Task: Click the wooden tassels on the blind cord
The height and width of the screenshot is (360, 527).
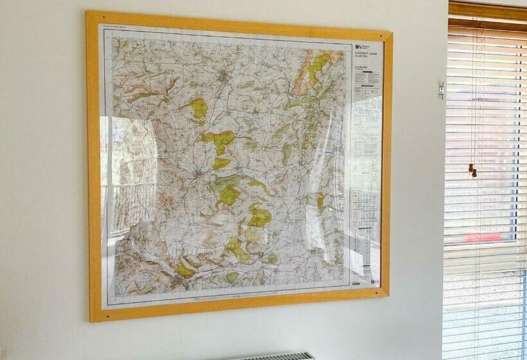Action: tap(473, 170)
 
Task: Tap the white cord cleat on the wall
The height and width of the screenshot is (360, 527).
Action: tap(442, 90)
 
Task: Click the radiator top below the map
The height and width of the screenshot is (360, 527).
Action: tap(273, 355)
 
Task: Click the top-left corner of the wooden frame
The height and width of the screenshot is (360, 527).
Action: tap(88, 12)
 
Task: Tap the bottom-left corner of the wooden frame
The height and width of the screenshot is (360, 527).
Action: tap(91, 319)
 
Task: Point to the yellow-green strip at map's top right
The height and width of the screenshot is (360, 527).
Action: tap(313, 67)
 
